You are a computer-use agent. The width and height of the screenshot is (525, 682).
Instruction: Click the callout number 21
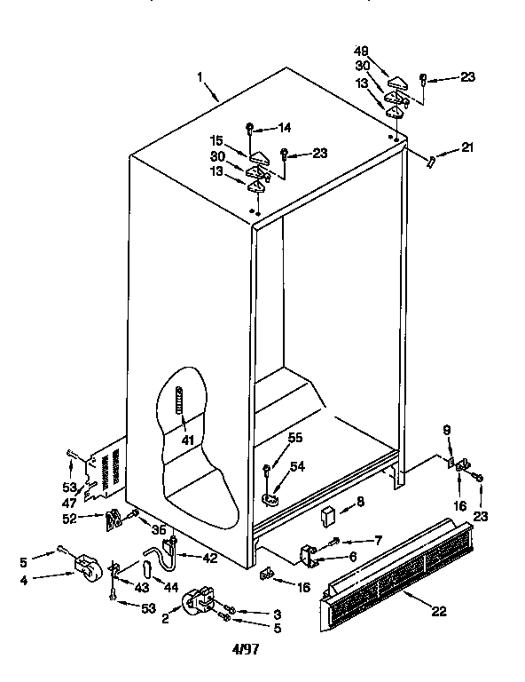coord(469,147)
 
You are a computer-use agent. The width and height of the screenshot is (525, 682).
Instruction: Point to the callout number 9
coord(447,430)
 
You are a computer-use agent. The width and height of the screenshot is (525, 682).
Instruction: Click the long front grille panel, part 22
coord(399,577)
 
